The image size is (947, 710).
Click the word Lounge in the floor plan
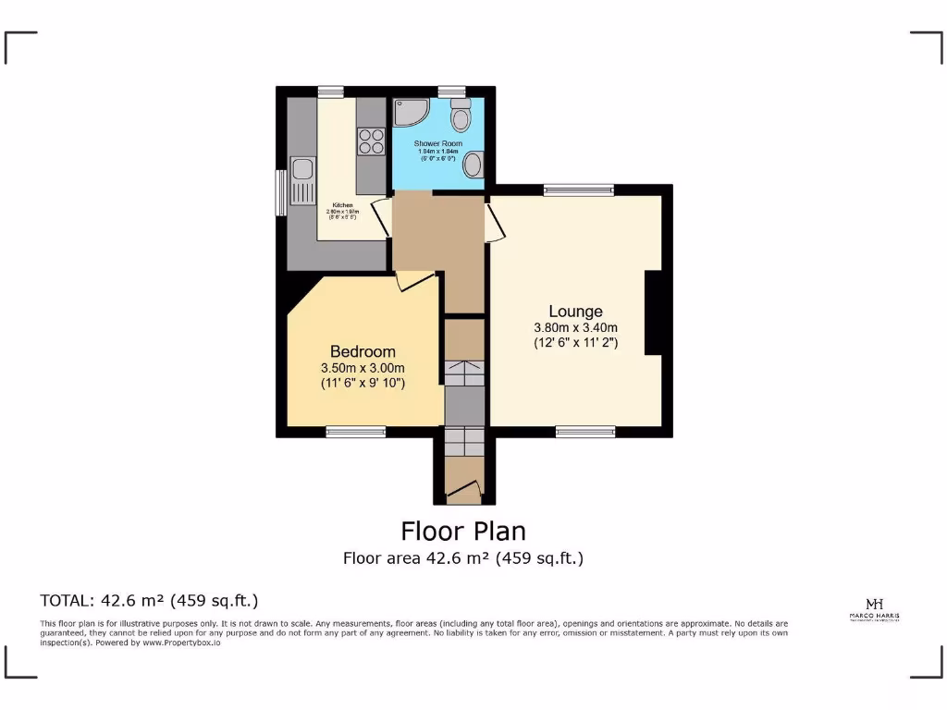(x=575, y=312)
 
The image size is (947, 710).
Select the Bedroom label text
(x=363, y=351)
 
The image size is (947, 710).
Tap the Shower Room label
(x=437, y=144)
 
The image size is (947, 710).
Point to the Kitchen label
(x=342, y=204)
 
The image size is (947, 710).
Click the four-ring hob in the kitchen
(x=371, y=141)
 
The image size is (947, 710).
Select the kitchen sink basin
(x=301, y=169)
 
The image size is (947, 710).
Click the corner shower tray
(x=408, y=113)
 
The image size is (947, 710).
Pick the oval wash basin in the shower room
(x=473, y=165)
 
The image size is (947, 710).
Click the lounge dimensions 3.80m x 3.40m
(x=575, y=327)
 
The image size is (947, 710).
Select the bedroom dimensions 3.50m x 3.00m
(x=363, y=367)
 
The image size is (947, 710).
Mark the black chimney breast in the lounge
(x=653, y=312)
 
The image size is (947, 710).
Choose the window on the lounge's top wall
(x=579, y=190)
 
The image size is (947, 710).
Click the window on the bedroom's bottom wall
(x=356, y=431)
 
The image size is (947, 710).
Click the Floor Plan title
(x=463, y=532)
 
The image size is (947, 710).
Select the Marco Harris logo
(x=874, y=609)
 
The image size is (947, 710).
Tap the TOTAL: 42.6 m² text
(x=149, y=600)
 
